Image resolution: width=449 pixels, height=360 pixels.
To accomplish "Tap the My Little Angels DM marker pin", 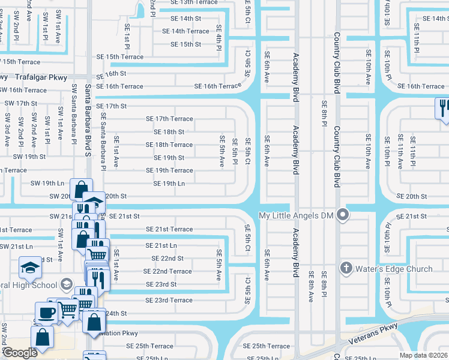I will (343, 214).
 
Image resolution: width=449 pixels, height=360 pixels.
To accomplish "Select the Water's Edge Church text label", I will (394, 269).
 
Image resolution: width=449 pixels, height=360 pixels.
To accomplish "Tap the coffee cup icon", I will (46, 313).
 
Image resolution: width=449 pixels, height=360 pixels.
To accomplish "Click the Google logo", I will (20, 353).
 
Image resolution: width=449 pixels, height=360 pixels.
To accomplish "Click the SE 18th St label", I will (169, 132).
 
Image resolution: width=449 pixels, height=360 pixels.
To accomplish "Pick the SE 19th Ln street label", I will (169, 184).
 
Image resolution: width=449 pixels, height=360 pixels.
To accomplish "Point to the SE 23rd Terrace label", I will (169, 300).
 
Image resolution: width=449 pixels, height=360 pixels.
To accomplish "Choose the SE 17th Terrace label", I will (169, 119).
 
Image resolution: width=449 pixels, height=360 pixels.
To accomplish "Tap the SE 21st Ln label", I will (161, 245).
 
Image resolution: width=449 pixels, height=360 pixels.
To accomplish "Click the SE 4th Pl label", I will (220, 45).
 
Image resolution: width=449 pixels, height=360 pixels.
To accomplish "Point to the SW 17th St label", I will (21, 103).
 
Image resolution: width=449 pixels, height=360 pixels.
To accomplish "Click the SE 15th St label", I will (185, 44).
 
